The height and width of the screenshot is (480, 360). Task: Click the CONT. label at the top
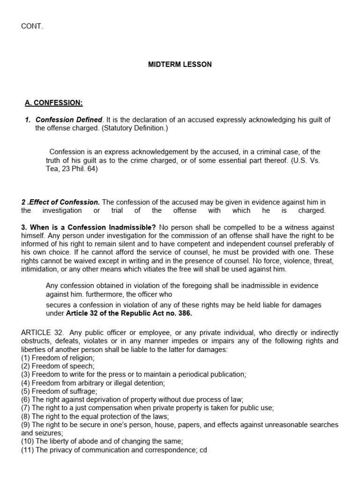click(32, 26)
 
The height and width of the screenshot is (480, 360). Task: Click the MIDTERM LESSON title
click(180, 65)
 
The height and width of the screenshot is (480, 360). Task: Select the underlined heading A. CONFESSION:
click(53, 103)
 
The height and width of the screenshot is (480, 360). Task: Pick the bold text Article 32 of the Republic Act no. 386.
click(129, 313)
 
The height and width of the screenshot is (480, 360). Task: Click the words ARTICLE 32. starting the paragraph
click(39, 333)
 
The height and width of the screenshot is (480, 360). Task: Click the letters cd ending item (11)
click(203, 450)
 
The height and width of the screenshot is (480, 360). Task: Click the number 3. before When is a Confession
click(24, 227)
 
